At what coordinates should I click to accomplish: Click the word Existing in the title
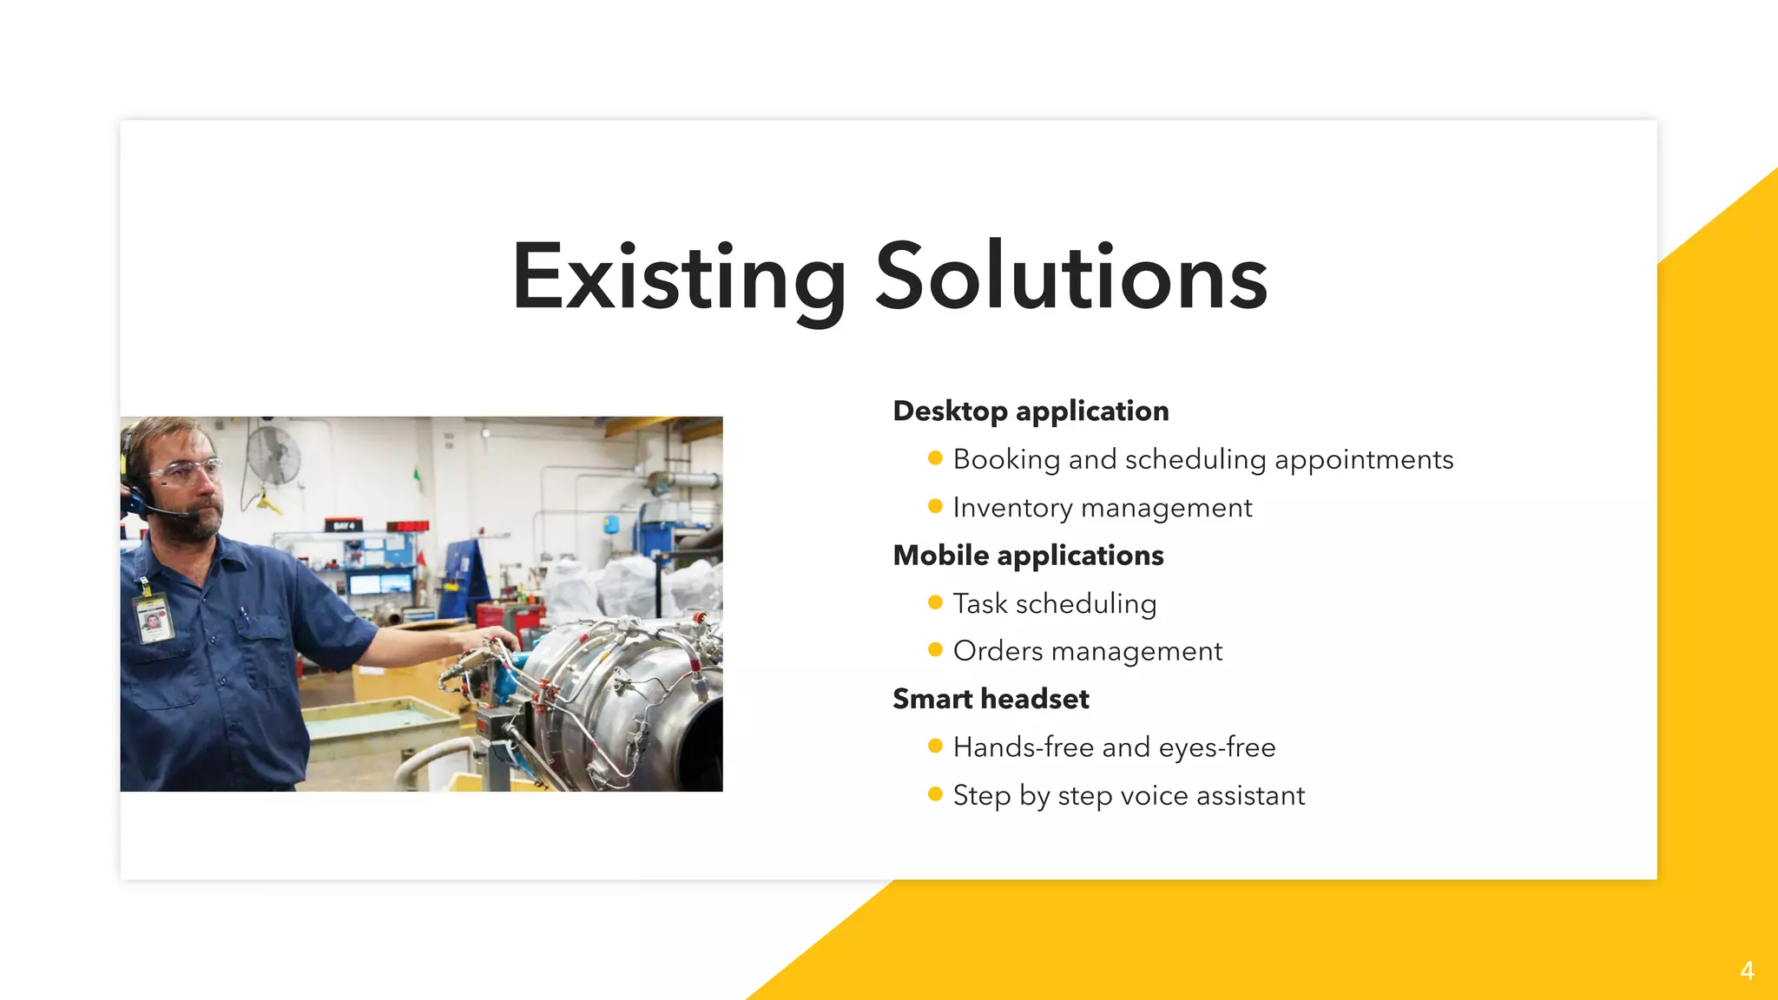coord(678,278)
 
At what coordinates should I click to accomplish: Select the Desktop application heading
coord(1031,411)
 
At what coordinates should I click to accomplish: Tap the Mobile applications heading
coord(1028,556)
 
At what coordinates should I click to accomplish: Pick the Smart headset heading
coord(991,699)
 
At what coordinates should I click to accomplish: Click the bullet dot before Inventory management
coord(935,506)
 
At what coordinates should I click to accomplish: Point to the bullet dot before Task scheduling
coord(935,602)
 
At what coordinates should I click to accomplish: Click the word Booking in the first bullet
coord(1006,460)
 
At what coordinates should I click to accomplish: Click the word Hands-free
coord(1023,747)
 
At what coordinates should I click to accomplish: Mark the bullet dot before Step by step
coord(935,794)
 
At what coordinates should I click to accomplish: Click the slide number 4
coord(1747,970)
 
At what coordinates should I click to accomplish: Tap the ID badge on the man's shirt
coord(153,617)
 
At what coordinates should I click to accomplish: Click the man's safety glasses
coord(188,472)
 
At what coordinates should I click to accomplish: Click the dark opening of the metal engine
coord(703,747)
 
